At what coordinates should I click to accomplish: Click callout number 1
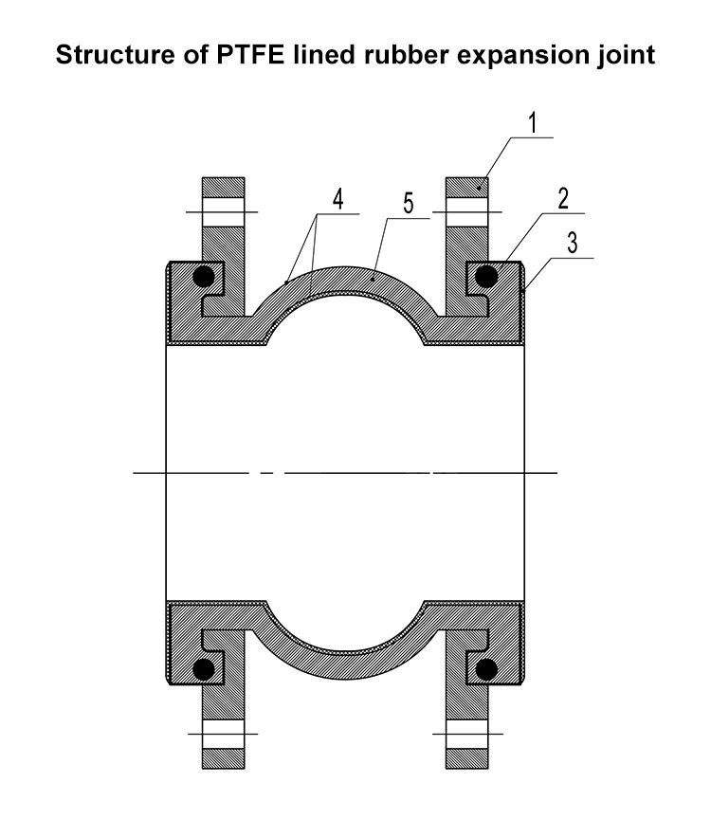pos(533,123)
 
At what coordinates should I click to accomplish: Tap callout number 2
pos(562,198)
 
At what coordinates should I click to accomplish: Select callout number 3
pos(573,243)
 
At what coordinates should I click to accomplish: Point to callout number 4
pos(338,199)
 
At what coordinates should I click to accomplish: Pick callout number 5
pos(408,203)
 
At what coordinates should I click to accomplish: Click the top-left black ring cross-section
pos(204,276)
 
